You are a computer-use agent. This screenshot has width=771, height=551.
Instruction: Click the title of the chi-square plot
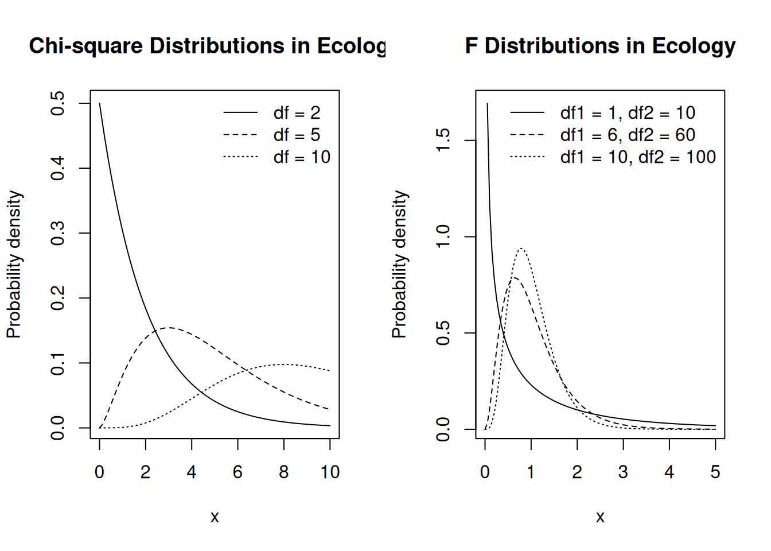click(207, 46)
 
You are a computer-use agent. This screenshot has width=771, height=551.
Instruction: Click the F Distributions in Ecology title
click(600, 46)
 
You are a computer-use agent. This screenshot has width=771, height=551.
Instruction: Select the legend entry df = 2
click(297, 113)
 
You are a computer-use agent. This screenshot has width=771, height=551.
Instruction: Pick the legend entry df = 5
click(297, 135)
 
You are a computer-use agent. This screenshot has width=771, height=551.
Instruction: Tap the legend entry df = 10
click(302, 157)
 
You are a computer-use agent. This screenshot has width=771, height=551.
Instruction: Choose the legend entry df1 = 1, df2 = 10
click(628, 113)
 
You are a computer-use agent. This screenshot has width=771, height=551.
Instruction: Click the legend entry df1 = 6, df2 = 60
click(628, 135)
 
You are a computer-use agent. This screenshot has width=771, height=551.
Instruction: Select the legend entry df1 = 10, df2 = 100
click(638, 157)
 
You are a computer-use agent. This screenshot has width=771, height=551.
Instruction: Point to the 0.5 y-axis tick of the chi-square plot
click(57, 103)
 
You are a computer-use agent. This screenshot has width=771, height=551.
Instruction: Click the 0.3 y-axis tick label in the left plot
click(57, 233)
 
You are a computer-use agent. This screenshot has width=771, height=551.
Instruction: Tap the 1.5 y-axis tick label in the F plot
click(443, 140)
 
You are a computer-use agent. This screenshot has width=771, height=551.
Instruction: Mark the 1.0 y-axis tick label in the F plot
click(443, 236)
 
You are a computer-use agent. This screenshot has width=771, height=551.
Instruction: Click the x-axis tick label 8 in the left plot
click(284, 472)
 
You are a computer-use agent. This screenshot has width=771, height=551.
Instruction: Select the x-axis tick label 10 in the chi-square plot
click(330, 472)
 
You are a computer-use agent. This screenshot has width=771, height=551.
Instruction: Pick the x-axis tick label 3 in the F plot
click(623, 472)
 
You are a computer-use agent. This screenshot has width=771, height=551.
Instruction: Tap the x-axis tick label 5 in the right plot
click(715, 472)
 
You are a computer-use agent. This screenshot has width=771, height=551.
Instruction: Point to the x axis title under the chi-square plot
click(215, 517)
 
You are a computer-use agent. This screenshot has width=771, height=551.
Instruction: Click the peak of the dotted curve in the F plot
click(521, 248)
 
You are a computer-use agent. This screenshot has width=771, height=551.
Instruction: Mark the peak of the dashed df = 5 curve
click(169, 328)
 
